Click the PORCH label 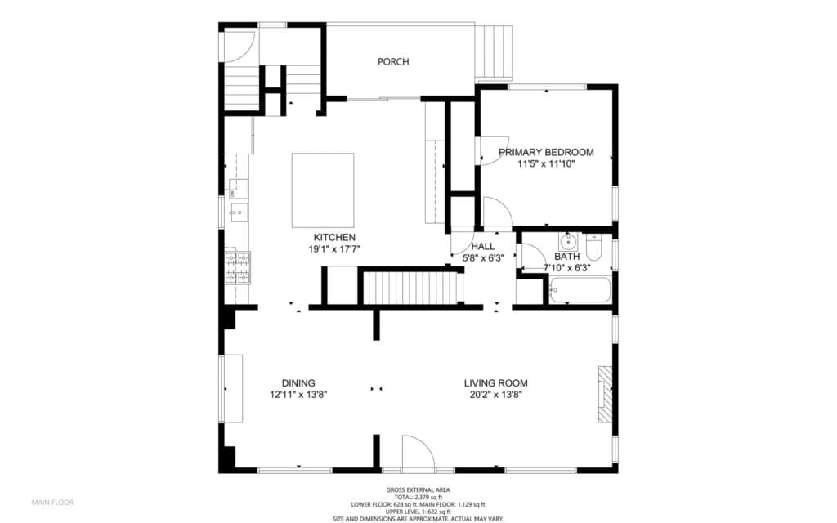[393, 62]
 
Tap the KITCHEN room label [334, 238]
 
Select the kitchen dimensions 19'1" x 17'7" [334, 248]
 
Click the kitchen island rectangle [323, 190]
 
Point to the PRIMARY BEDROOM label [546, 153]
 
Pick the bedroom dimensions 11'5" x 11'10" [546, 163]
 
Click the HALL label [483, 247]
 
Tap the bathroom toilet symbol [593, 247]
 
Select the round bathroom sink [569, 242]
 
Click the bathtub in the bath [580, 290]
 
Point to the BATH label [567, 257]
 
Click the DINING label [298, 383]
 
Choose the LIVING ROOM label [496, 383]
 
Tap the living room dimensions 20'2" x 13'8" [496, 395]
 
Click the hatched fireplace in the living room [604, 394]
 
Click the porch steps [494, 51]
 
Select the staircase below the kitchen [413, 288]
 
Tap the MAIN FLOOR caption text [52, 503]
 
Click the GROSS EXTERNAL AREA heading [418, 490]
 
